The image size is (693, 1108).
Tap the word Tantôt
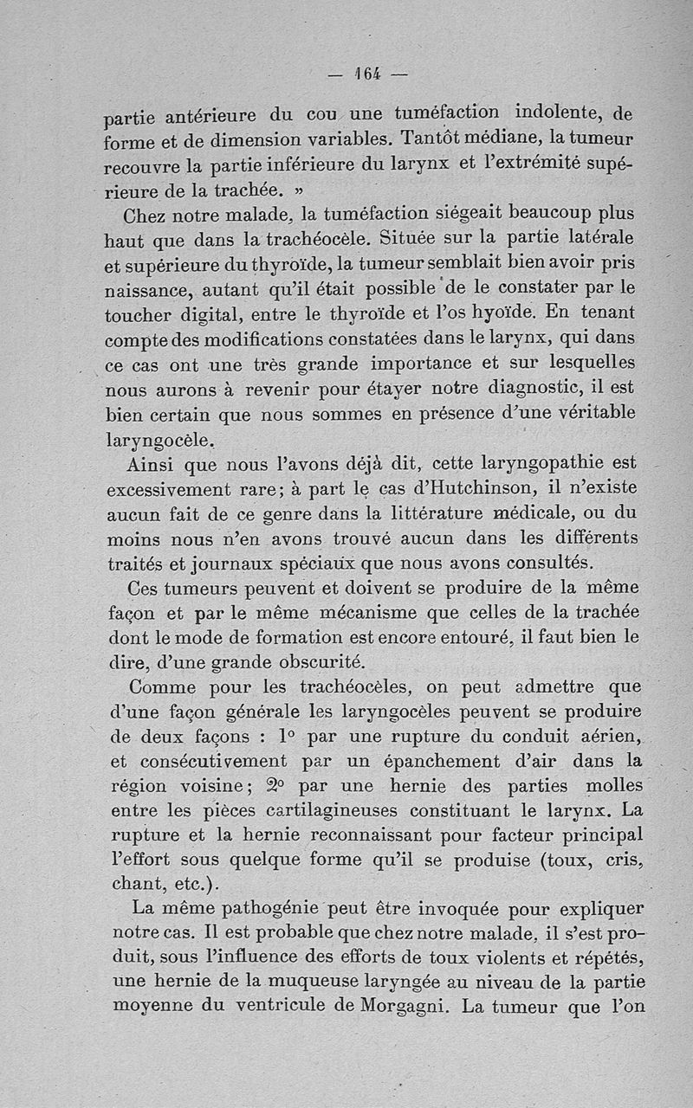click(438, 138)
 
